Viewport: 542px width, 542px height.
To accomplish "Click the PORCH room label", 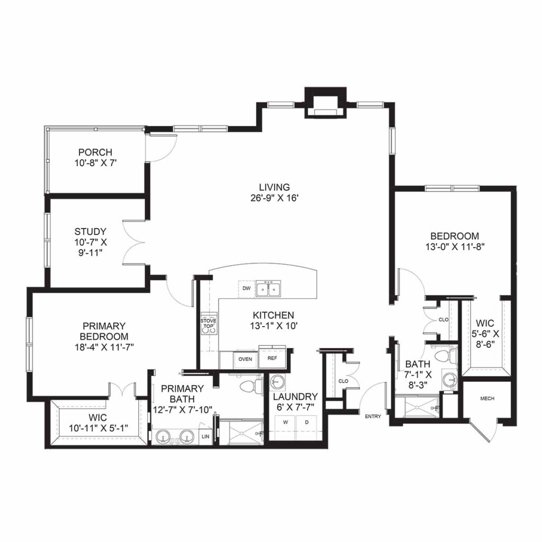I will pos(95,153).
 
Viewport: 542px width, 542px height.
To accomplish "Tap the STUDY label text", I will pos(91,231).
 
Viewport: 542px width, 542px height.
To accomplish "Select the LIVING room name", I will pos(274,187).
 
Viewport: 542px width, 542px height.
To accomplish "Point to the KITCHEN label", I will pos(273,315).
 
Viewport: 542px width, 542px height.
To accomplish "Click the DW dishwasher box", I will pos(246,288).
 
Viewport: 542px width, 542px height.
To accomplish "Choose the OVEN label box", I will pos(245,358).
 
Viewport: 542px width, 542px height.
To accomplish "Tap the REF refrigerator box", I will pos(272,358).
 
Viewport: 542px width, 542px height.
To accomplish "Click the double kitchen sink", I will pos(269,290).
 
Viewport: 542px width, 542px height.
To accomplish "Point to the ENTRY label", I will pos(373,417).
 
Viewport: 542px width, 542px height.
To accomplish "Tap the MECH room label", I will pos(487,398).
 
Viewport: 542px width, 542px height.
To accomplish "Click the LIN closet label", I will pos(206,436).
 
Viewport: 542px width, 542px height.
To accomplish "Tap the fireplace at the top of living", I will pos(324,104).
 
